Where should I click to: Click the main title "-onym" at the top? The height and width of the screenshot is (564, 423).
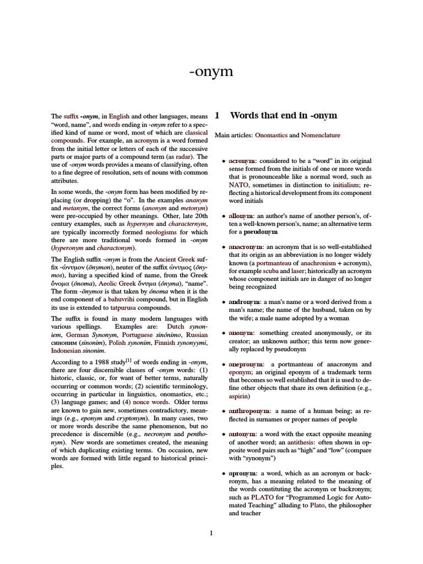211,72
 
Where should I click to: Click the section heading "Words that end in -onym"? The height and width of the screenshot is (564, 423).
283,116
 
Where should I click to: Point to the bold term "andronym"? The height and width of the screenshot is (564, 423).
245,302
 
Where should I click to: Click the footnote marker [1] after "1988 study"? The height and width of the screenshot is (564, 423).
127,361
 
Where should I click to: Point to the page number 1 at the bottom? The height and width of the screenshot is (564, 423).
211,533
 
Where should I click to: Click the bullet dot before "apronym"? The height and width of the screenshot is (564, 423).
223,474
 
